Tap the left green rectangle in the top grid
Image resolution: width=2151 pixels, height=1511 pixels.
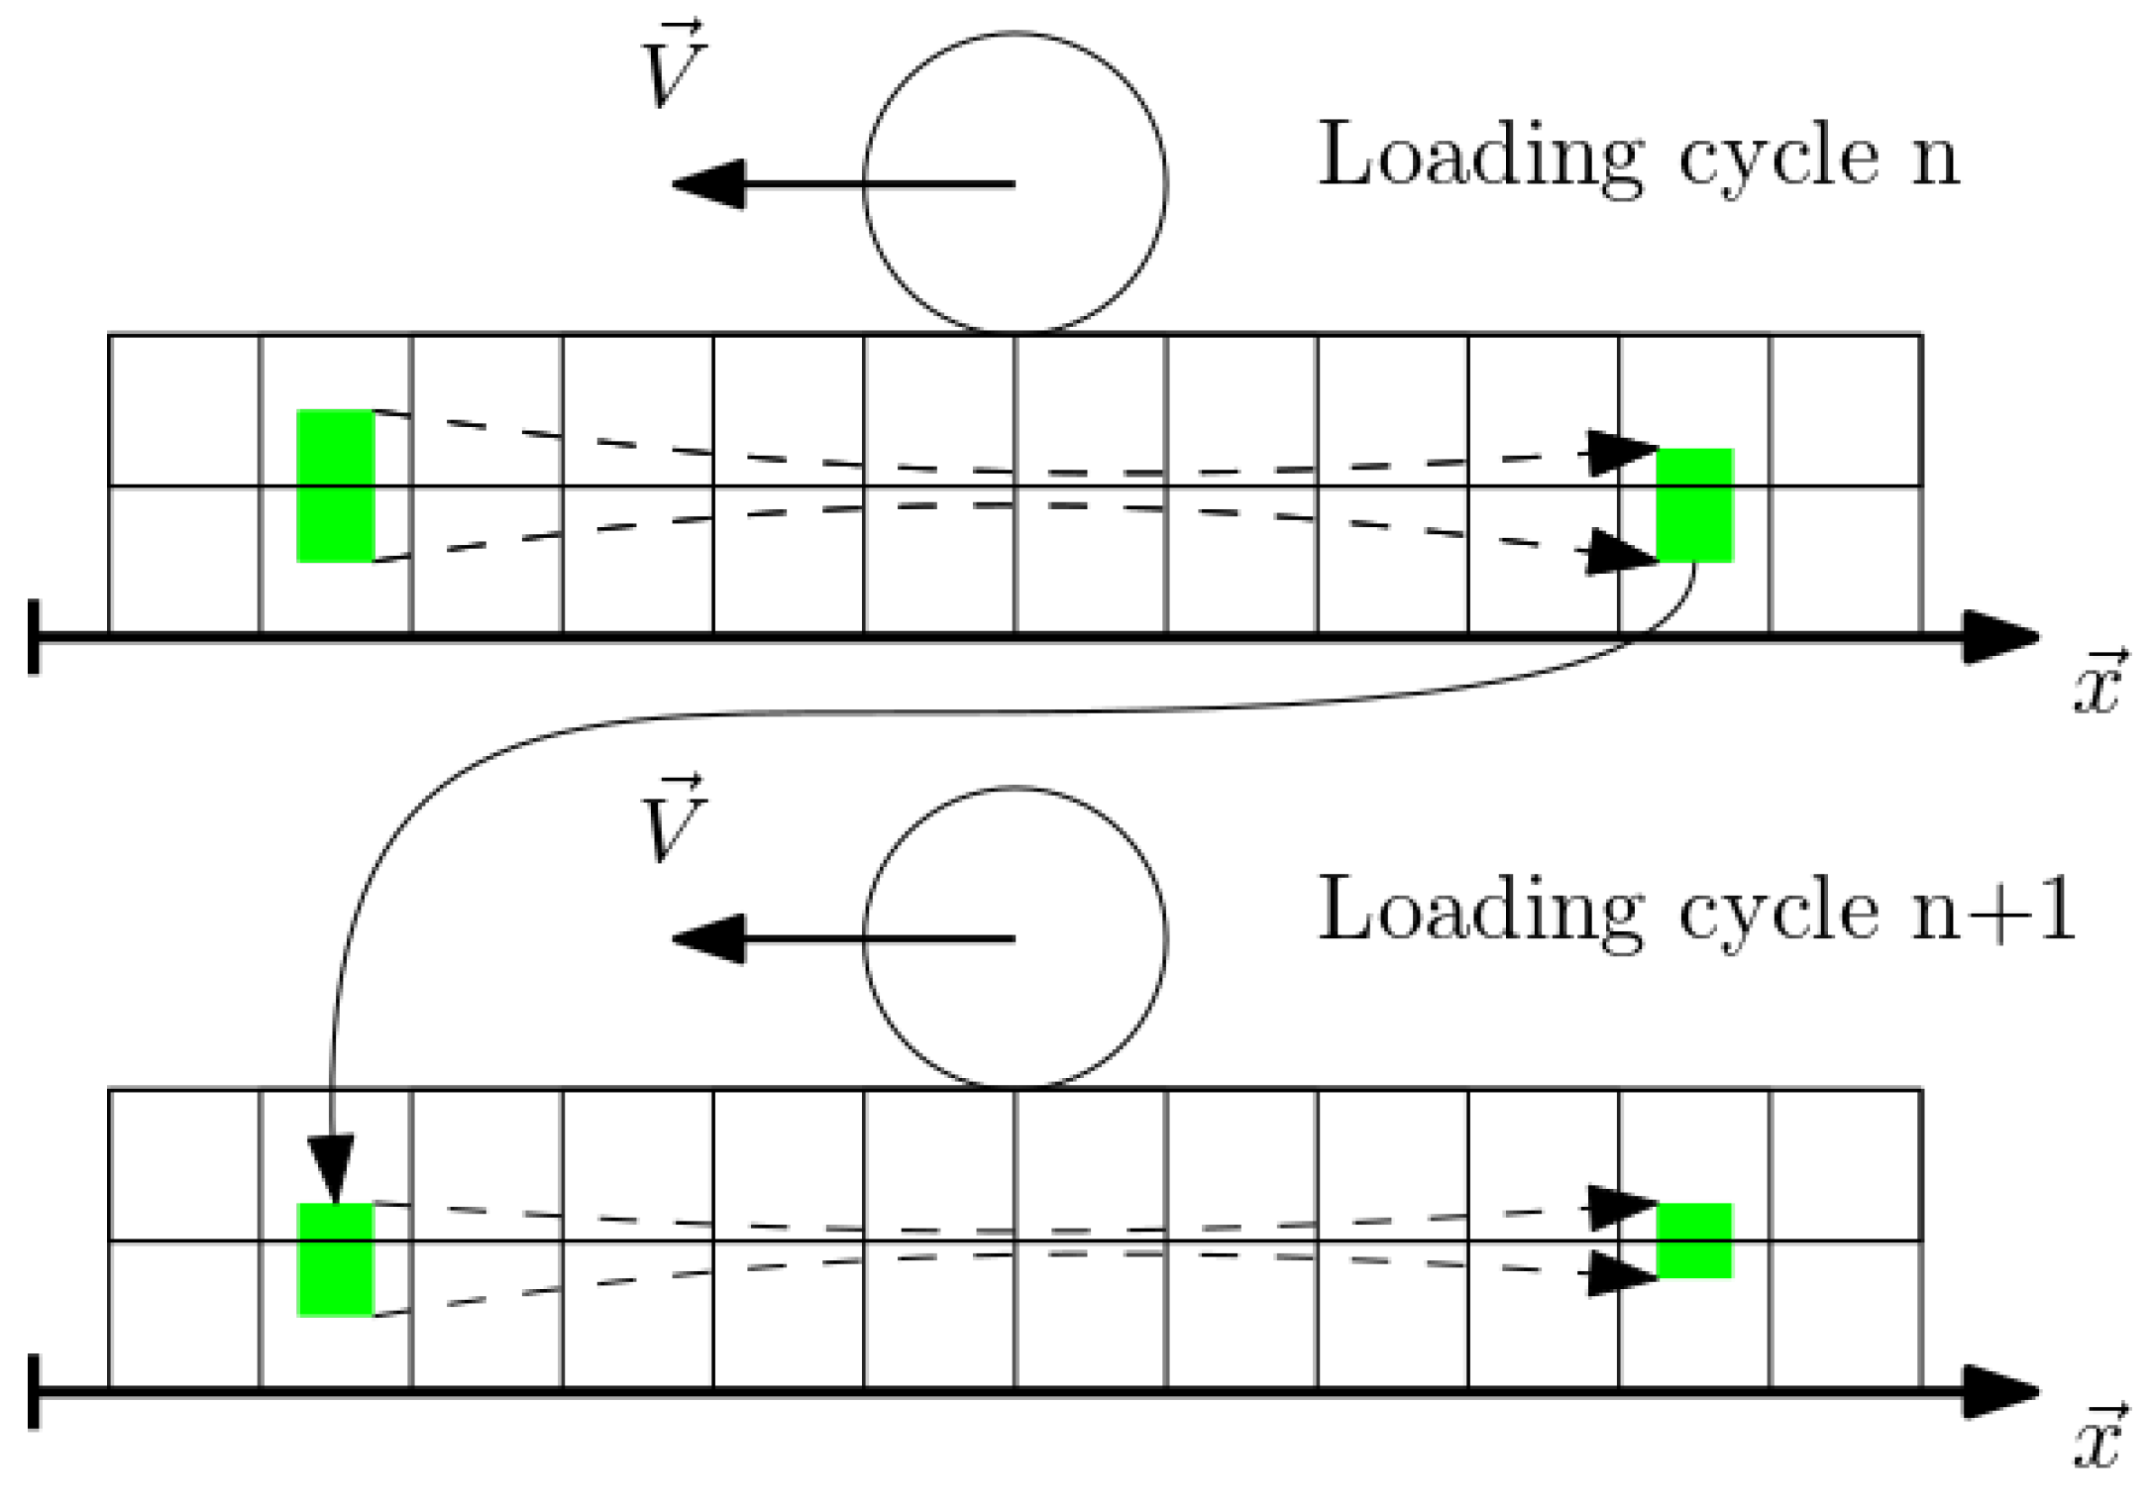pyautogui.click(x=336, y=486)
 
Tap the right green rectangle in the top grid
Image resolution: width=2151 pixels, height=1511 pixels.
pyautogui.click(x=1694, y=504)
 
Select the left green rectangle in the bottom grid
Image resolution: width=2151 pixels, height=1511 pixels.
pyautogui.click(x=336, y=1259)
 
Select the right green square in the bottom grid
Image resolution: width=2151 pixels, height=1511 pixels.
pyautogui.click(x=1694, y=1241)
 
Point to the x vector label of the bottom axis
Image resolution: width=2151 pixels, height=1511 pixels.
pyautogui.click(x=2097, y=1439)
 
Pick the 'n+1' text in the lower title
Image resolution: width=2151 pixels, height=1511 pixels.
pyautogui.click(x=1991, y=912)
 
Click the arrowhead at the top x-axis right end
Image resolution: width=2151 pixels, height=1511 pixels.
pyautogui.click(x=2001, y=637)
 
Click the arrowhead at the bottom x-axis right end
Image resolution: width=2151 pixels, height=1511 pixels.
pyautogui.click(x=2001, y=1392)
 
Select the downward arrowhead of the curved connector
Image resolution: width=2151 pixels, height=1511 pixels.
pyautogui.click(x=331, y=1169)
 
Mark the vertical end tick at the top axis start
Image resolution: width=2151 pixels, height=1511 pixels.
pyautogui.click(x=35, y=637)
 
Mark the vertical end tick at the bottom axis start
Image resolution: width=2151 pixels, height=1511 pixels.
pyautogui.click(x=35, y=1392)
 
